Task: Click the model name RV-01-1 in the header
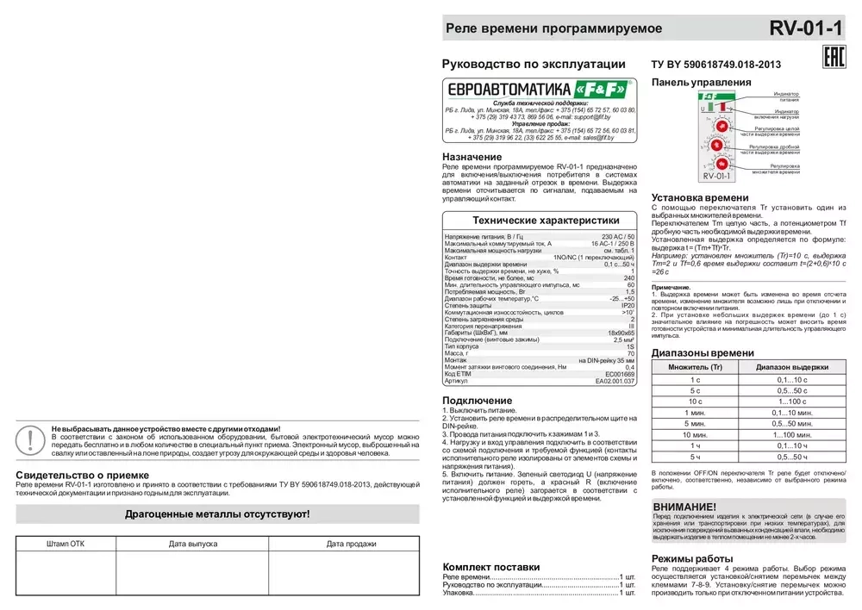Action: (805, 28)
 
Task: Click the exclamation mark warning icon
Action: (31, 439)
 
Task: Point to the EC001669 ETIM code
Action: (619, 373)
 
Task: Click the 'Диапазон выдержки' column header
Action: (792, 366)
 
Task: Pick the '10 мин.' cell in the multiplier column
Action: (695, 434)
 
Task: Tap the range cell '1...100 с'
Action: (792, 401)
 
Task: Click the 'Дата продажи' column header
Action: (351, 544)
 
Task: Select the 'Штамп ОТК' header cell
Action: (66, 544)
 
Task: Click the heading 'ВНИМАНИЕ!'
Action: (684, 506)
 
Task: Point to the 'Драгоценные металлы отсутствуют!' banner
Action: (217, 514)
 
